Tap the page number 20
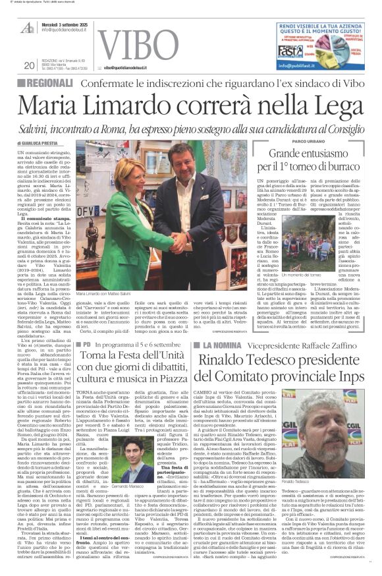29,65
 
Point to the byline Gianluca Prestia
39,142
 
